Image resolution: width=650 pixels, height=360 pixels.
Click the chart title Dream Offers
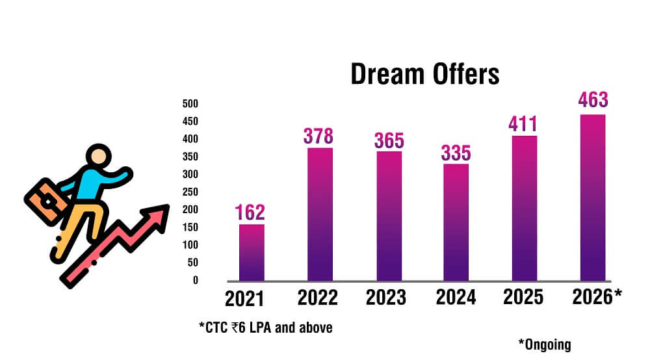tap(425, 74)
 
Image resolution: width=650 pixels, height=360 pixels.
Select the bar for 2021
tap(252, 252)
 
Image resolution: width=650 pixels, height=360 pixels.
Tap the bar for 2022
tap(320, 214)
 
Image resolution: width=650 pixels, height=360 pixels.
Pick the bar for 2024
tap(456, 222)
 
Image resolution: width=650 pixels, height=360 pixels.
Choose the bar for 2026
tap(592, 198)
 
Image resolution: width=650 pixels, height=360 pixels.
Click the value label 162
tap(251, 212)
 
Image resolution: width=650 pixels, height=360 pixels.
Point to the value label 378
tap(318, 136)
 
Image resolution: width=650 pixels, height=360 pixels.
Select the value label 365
tap(389, 140)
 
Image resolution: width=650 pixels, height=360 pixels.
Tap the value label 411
tap(523, 123)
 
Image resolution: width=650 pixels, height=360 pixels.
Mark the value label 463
tap(593, 100)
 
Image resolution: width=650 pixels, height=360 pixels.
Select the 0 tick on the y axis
tap(194, 280)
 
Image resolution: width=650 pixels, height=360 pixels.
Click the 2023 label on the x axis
tap(386, 298)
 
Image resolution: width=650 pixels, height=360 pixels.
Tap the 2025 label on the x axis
tap(523, 296)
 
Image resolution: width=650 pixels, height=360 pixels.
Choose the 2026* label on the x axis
tap(597, 296)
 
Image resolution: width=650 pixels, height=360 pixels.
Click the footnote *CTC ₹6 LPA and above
tap(266, 328)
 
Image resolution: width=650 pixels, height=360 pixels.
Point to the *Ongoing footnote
tap(544, 344)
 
